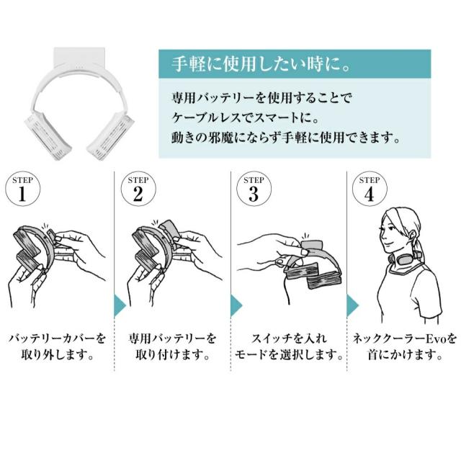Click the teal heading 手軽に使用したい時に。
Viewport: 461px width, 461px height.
261,64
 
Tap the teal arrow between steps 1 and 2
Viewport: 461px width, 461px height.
120,305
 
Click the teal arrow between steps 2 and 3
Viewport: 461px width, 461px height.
236,305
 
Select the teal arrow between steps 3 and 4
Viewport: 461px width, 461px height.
352,305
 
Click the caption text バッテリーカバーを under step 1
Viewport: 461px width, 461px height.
58,339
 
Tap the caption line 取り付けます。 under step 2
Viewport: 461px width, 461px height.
173,355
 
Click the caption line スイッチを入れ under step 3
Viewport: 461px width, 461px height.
289,339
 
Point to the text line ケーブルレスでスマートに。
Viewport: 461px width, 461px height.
246,117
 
